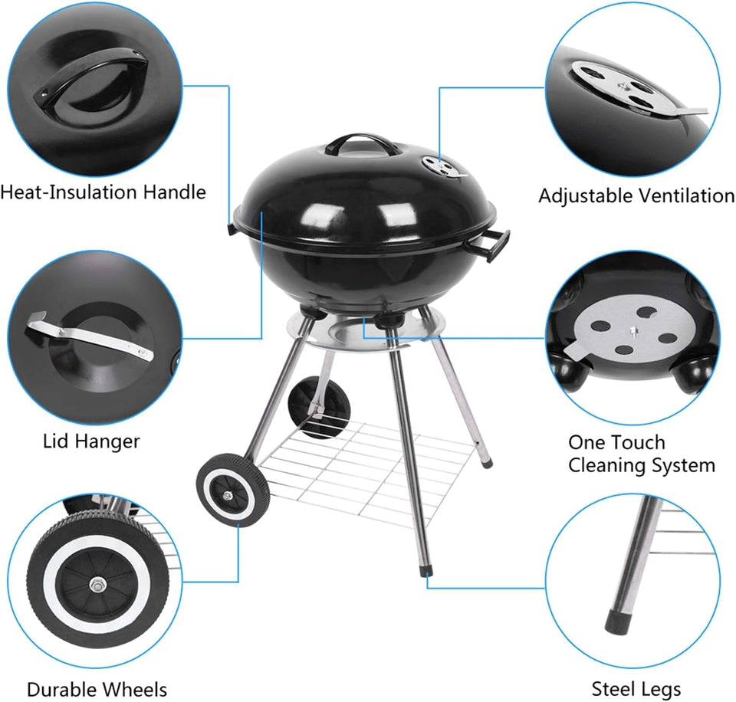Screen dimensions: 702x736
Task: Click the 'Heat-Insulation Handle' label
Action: (103, 192)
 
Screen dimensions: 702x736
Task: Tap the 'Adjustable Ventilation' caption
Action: (636, 195)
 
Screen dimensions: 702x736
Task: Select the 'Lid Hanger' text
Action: (90, 441)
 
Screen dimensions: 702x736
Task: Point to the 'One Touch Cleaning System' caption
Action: (641, 454)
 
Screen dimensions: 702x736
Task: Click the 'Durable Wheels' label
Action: (97, 689)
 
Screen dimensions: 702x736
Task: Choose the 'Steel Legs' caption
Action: (636, 689)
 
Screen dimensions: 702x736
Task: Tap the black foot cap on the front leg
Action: (426, 572)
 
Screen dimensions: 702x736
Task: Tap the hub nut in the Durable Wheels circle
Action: (98, 586)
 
